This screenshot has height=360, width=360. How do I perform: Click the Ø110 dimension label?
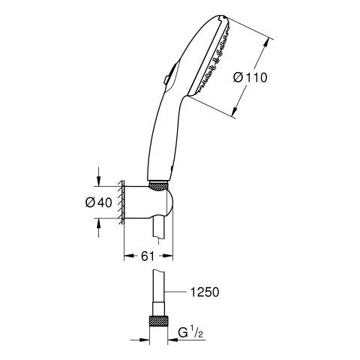pos(250,77)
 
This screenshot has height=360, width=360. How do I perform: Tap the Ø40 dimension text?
pos(98,202)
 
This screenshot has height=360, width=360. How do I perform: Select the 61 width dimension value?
pos(148,256)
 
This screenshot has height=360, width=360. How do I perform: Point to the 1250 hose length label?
pos(205,292)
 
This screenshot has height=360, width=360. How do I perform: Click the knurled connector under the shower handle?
pos(158,186)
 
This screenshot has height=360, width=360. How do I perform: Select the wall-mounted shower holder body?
pos(148,203)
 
